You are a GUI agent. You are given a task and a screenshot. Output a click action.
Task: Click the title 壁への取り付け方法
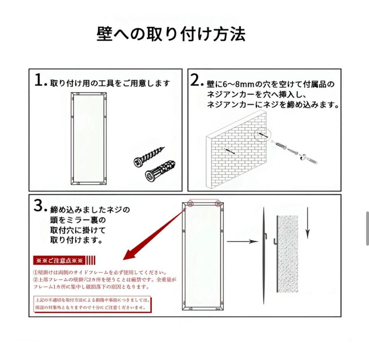171,34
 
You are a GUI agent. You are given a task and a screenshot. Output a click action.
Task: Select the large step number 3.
40,205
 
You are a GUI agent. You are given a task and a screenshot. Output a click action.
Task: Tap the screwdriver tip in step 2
309,160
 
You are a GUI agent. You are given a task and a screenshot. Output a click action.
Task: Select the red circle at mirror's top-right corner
218,204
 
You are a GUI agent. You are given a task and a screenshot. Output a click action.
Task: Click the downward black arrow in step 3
307,225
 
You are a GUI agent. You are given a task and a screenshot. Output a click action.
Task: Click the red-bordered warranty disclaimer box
92,304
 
